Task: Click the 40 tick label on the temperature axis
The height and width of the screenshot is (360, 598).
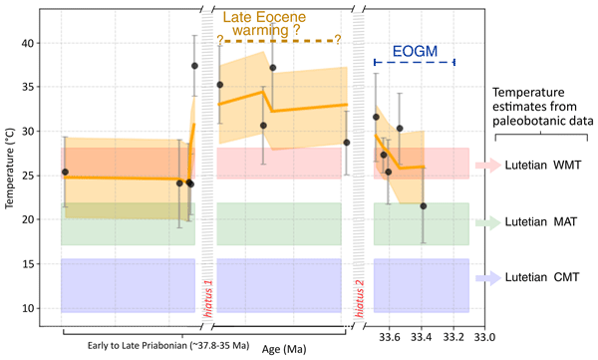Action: tap(28, 43)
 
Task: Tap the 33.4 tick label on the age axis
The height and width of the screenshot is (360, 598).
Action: tap(422, 337)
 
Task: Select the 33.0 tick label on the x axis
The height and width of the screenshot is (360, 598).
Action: tap(484, 337)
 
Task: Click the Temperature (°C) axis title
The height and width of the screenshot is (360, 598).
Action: tap(10, 169)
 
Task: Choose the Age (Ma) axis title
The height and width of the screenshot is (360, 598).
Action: tap(284, 349)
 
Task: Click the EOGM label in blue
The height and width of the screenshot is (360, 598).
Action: tap(415, 51)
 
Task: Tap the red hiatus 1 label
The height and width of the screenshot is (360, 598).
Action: tap(208, 298)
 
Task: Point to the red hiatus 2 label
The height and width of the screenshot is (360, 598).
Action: tap(359, 298)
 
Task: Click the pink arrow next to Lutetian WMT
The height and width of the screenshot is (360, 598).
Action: tap(488, 165)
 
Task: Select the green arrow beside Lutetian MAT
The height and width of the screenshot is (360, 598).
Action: tap(488, 222)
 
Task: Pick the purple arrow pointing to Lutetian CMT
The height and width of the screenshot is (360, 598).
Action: tap(488, 278)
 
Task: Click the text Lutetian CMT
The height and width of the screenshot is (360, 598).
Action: tap(542, 277)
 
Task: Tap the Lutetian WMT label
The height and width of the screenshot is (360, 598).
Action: tap(543, 165)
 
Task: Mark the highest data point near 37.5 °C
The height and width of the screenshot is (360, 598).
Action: tap(194, 66)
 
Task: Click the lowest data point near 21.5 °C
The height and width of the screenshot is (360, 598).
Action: tap(423, 206)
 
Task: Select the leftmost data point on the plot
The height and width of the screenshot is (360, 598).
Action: tap(65, 173)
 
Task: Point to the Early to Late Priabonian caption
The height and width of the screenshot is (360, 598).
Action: tap(168, 345)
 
